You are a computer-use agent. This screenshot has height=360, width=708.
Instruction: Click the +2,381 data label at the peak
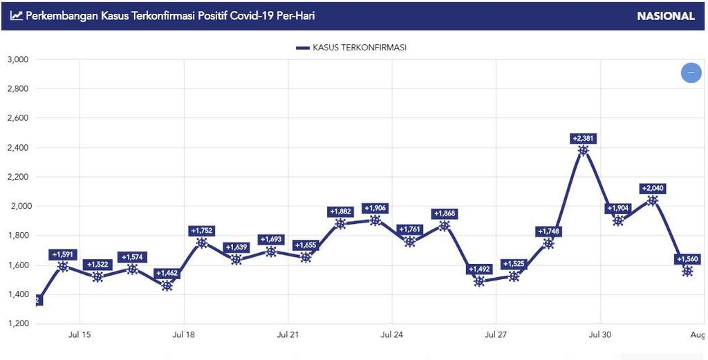tap(583, 138)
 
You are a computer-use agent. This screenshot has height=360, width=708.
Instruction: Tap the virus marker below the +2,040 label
tap(652, 201)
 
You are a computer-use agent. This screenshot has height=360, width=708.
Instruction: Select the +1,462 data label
tap(167, 273)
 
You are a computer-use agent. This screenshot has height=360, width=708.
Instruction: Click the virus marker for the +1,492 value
tap(479, 281)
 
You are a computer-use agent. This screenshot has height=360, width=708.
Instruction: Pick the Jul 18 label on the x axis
tap(183, 334)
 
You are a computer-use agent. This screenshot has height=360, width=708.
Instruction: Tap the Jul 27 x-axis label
tap(496, 334)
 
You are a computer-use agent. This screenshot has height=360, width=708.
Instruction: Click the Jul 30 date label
tap(600, 334)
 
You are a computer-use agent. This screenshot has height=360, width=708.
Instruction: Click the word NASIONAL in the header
tap(666, 16)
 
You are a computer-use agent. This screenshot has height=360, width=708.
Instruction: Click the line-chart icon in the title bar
tap(16, 15)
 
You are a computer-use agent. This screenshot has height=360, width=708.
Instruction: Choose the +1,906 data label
tap(375, 208)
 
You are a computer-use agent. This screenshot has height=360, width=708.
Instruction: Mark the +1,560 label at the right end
tap(687, 259)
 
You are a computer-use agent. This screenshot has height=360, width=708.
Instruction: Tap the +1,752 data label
tap(201, 231)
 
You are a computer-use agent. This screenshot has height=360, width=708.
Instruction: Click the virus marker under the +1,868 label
tap(444, 226)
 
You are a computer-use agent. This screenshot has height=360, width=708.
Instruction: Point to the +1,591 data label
tap(63, 254)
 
